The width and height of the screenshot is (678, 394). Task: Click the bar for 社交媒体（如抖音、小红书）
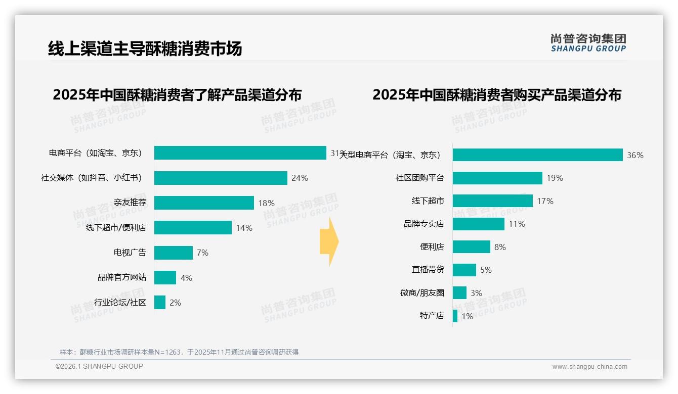221,178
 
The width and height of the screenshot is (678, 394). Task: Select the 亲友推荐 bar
204,203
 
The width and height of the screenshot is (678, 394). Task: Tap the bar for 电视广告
174,253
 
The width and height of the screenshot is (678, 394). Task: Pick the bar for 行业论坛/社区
160,303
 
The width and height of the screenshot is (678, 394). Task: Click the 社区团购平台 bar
497,178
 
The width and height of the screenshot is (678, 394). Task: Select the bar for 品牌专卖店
479,224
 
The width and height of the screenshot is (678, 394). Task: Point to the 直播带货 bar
464,270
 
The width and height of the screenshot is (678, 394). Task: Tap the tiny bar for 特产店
455,316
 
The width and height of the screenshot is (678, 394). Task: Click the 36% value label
635,155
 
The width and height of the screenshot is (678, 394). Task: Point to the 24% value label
300,178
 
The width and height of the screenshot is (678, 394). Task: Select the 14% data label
244,228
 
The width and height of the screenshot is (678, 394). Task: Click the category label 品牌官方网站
121,277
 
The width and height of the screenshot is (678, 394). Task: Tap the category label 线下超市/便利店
116,228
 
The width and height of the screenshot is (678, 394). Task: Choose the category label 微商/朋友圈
422,293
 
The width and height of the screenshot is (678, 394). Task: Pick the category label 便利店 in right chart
432,247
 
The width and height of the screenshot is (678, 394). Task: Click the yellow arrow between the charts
329,241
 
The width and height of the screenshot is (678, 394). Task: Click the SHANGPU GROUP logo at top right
588,43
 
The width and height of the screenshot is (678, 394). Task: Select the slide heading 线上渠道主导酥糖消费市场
145,48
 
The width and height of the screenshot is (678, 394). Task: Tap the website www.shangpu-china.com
589,367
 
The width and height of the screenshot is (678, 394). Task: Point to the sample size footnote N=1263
179,352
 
